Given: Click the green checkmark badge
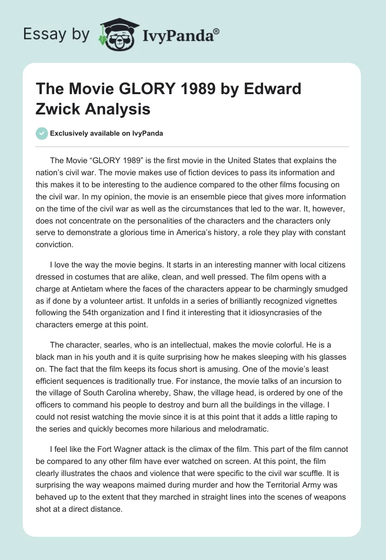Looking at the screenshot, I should (x=41, y=133).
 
